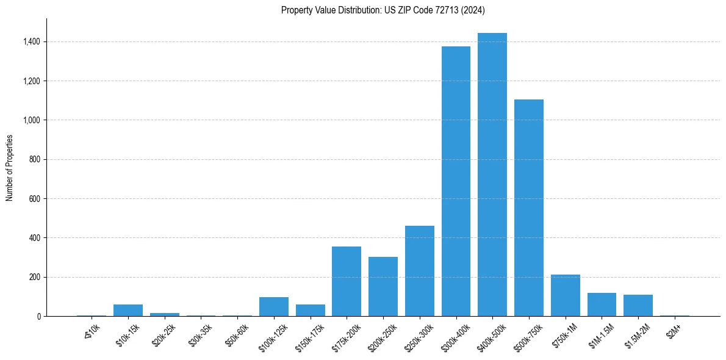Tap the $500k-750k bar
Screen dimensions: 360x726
pos(529,207)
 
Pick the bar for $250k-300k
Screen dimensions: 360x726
pos(420,271)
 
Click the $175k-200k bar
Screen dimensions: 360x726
pos(347,281)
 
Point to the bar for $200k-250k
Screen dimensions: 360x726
pos(383,286)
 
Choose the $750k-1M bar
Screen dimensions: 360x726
pos(566,295)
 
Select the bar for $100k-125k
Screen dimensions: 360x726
pos(274,306)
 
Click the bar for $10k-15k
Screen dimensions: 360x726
pos(128,310)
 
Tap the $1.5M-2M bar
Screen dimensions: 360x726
pos(638,305)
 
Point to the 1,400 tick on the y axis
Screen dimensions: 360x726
pos(32,41)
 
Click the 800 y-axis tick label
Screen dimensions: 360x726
pos(34,159)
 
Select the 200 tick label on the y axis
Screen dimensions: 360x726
pos(34,277)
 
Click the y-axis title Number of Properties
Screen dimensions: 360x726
pos(9,167)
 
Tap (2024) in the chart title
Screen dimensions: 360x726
pos(475,10)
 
